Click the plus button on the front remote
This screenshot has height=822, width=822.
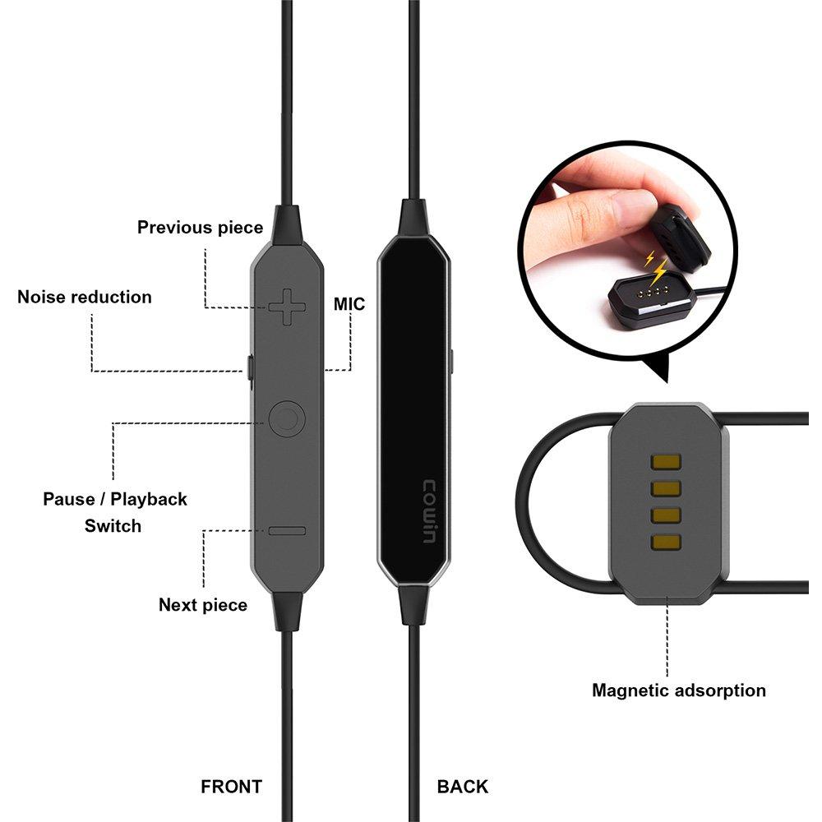pyautogui.click(x=286, y=307)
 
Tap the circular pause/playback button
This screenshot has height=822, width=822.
pyautogui.click(x=287, y=419)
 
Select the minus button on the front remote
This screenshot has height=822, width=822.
pyautogui.click(x=287, y=531)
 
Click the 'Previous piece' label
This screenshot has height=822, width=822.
pyautogui.click(x=200, y=228)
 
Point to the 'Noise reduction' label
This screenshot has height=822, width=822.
pyautogui.click(x=85, y=298)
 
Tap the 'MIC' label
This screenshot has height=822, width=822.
pyautogui.click(x=349, y=304)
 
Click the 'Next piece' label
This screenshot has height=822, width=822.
pyautogui.click(x=203, y=605)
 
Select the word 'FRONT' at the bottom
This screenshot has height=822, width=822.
pyautogui.click(x=231, y=787)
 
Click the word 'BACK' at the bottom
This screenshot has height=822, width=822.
pyautogui.click(x=462, y=787)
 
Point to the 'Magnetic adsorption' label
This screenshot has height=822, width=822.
pyautogui.click(x=679, y=690)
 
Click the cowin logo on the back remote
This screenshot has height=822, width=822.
pyautogui.click(x=429, y=511)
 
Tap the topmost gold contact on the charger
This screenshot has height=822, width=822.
pyautogui.click(x=666, y=462)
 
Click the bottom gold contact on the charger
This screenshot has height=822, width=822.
pyautogui.click(x=666, y=542)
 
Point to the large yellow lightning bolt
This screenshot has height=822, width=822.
pyautogui.click(x=659, y=271)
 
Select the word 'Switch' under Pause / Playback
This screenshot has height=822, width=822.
pyautogui.click(x=113, y=526)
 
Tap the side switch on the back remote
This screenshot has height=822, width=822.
pyautogui.click(x=451, y=363)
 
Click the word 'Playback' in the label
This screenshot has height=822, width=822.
pyautogui.click(x=148, y=500)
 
